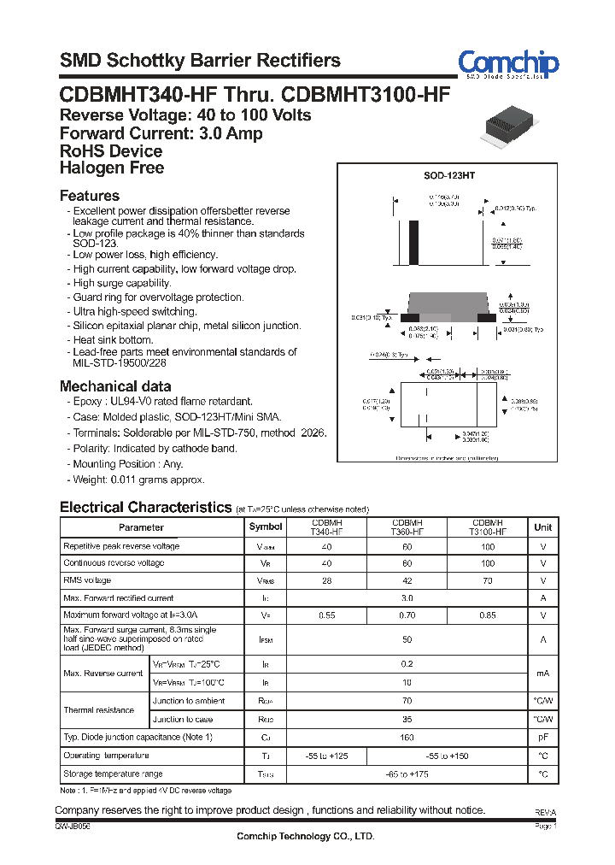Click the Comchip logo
508,64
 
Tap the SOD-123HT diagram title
448,174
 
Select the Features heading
90,196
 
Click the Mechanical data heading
115,385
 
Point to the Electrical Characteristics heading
145,507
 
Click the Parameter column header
141,527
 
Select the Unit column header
542,527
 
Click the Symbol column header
265,527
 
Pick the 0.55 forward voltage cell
326,615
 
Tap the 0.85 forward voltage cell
487,615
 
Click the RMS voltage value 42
407,580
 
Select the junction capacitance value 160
407,737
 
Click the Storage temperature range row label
113,774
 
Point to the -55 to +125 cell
326,756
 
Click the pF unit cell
542,737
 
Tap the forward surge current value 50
407,639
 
